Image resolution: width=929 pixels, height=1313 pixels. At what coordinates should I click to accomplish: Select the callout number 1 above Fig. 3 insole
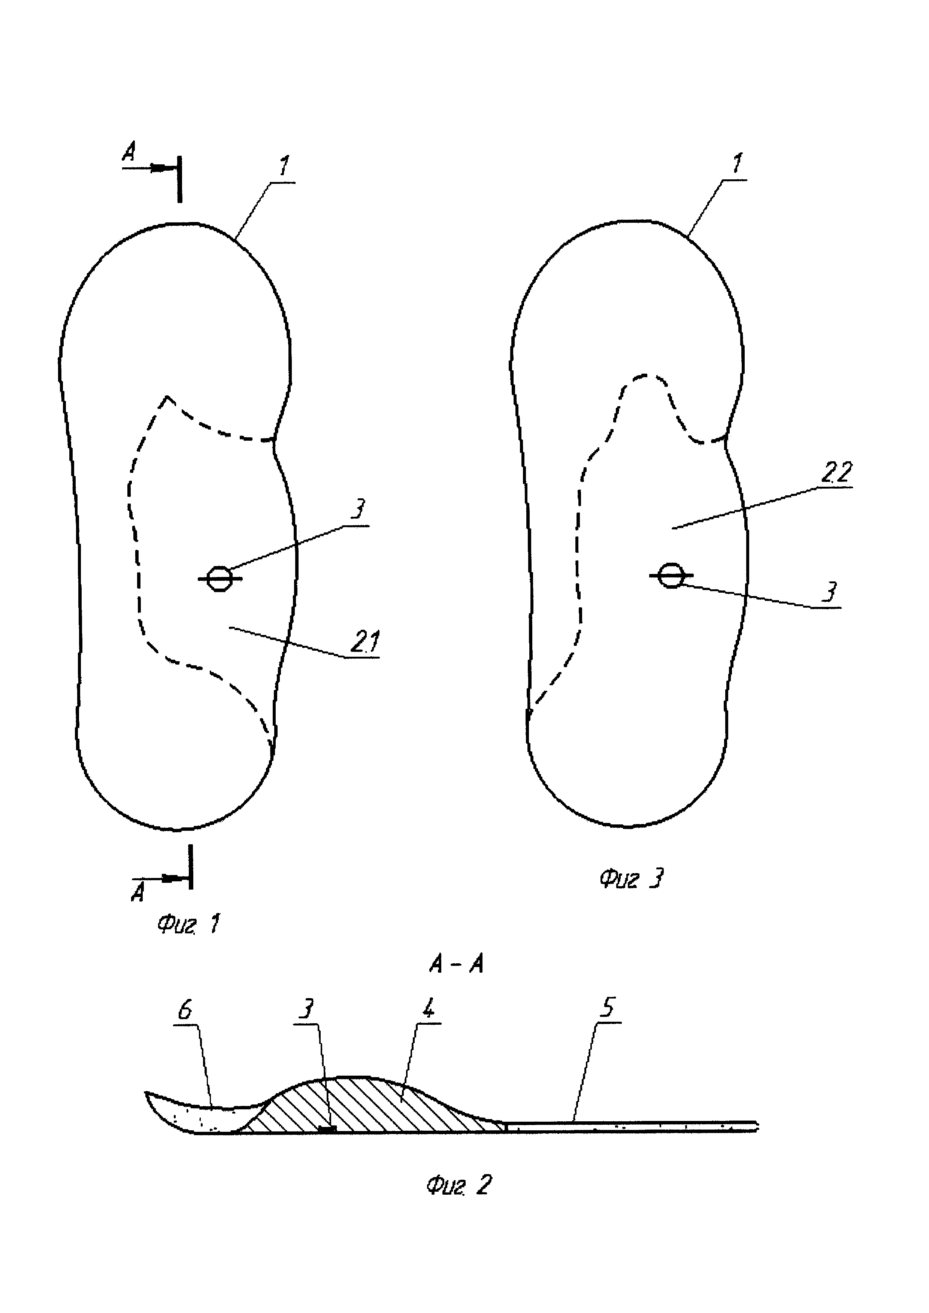click(737, 164)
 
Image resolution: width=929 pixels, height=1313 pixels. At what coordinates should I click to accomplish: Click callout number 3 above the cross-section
click(306, 1010)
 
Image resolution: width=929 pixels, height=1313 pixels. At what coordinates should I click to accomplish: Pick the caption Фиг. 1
click(188, 924)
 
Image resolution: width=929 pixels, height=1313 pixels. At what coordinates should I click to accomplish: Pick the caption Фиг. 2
click(458, 1185)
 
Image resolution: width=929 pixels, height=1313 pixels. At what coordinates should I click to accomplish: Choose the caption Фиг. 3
click(632, 878)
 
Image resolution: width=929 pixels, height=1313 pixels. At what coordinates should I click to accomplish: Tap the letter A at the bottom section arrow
click(138, 893)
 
